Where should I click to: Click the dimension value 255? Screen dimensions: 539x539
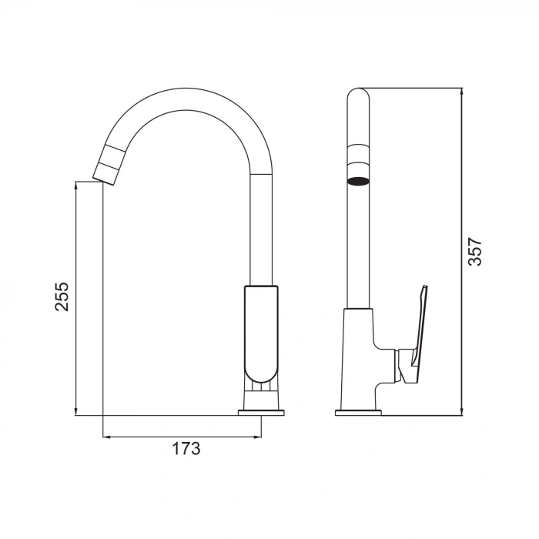click(62, 296)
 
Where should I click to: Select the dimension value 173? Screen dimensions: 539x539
click(186, 448)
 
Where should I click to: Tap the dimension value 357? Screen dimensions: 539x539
click(476, 252)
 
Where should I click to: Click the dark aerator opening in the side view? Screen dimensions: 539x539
click(357, 182)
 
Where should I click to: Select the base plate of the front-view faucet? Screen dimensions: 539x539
click(261, 412)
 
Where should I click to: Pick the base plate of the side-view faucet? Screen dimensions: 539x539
click(359, 412)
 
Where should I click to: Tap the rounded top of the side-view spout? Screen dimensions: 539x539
click(358, 96)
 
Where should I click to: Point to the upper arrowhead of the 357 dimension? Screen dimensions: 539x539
click(462, 92)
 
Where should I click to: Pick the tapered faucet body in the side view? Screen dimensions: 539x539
click(359, 354)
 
